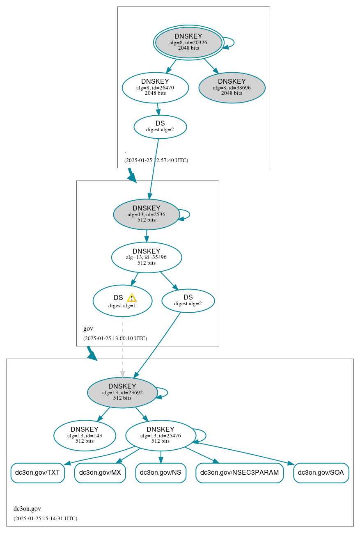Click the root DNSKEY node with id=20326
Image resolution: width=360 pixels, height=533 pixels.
[188, 42]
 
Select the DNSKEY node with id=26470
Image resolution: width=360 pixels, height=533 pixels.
[155, 87]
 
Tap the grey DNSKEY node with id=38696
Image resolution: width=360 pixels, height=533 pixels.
[232, 87]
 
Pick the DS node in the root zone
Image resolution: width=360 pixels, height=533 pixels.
[160, 127]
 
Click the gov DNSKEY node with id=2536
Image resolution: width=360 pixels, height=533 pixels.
[147, 214]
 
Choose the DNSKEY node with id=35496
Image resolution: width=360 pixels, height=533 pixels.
[147, 257]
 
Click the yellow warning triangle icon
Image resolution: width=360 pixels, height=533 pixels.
[131, 298]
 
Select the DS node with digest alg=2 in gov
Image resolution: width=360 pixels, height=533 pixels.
[188, 301]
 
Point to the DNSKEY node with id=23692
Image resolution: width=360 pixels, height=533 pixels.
[122, 392]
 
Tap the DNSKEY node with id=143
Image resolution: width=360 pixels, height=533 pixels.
[85, 435]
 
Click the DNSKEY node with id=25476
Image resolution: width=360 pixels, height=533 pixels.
[161, 435]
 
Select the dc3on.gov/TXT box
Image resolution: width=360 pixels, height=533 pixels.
[37, 473]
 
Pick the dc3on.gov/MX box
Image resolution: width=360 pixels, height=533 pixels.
[100, 473]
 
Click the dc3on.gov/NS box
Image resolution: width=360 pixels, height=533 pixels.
[161, 473]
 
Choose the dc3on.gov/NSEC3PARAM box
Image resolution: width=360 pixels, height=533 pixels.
[239, 473]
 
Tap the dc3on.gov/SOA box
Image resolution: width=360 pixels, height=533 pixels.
[321, 473]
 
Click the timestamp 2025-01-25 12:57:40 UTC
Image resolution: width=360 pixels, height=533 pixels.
[156, 160]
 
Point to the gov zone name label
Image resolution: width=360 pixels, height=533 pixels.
[88, 329]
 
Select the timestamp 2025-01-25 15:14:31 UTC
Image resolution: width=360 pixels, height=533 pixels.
[45, 519]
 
